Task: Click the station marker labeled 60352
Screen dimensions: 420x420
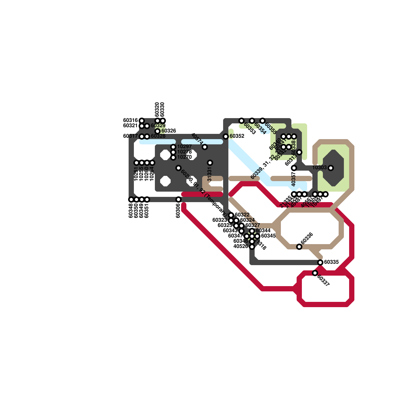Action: tap(226, 136)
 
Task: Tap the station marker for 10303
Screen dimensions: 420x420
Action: tap(331, 168)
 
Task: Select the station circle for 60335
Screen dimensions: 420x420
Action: tap(320, 262)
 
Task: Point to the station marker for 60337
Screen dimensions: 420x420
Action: tap(315, 273)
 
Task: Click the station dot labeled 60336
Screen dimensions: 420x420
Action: tap(299, 247)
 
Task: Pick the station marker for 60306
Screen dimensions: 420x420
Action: tap(178, 199)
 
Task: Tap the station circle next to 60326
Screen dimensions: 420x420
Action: tap(157, 131)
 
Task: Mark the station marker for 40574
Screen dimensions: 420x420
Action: tap(205, 147)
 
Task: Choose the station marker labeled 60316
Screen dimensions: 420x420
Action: tap(142, 121)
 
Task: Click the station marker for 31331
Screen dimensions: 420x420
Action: tap(210, 163)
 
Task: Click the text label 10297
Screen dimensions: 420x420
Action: tap(185, 146)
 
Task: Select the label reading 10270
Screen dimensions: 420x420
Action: tap(185, 157)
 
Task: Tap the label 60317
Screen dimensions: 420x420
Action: tap(130, 136)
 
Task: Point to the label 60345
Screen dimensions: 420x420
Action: tap(269, 236)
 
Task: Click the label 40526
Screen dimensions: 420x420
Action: tap(241, 246)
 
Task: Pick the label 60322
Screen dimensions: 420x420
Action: tap(242, 215)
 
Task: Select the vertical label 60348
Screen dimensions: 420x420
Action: tap(131, 211)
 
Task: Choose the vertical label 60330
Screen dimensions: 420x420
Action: tap(162, 109)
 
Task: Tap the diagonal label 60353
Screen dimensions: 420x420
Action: tap(250, 128)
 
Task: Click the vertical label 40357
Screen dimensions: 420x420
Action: tap(294, 179)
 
